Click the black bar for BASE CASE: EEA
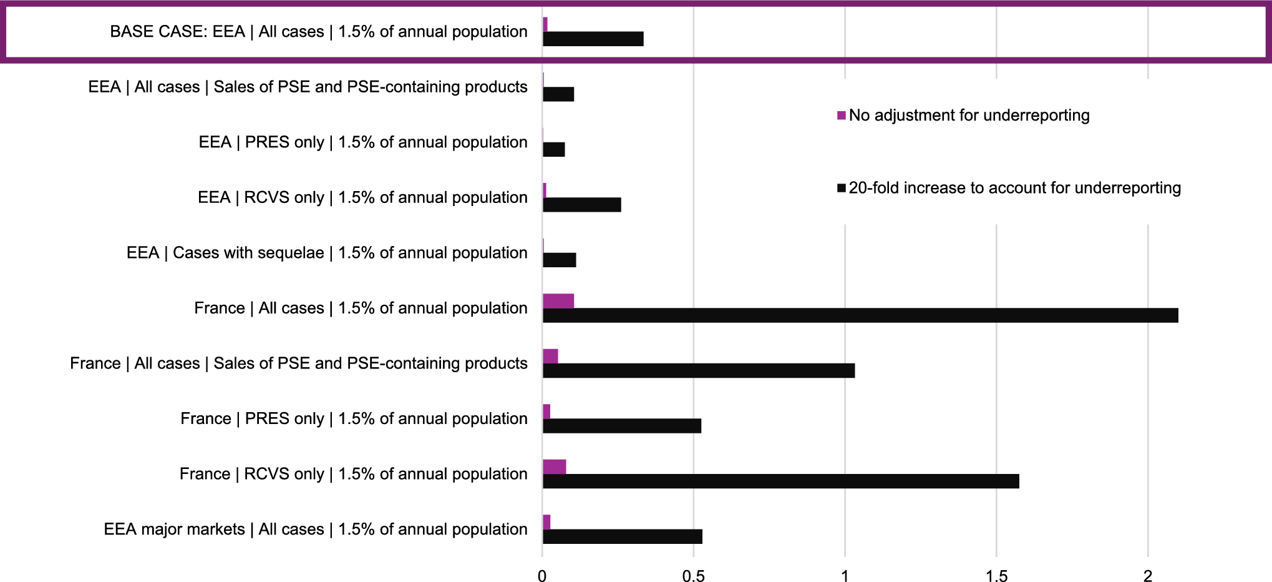[x=593, y=39]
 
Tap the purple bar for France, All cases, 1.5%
[x=558, y=301]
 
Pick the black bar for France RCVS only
[x=780, y=481]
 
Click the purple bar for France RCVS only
[x=554, y=467]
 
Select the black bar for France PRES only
[x=621, y=426]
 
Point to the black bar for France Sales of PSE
[x=698, y=371]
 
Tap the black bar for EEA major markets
[x=622, y=536]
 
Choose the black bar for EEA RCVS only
[x=581, y=205]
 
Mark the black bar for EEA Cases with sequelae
[x=559, y=260]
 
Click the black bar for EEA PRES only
[x=553, y=150]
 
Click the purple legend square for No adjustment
[x=841, y=116]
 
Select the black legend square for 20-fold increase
[x=841, y=188]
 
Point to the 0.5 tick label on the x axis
[x=693, y=576]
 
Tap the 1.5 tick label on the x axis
[x=996, y=576]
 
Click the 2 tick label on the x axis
[x=1147, y=576]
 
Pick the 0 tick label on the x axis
[x=542, y=576]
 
